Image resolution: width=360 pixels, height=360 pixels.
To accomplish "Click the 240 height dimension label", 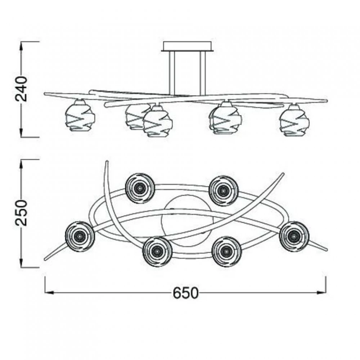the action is point(21,89).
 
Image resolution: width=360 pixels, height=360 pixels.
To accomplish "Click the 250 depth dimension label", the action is point(21,213).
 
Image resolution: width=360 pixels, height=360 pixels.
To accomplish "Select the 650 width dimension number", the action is point(185,293).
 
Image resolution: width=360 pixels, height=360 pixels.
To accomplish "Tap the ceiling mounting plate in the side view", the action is point(187,46).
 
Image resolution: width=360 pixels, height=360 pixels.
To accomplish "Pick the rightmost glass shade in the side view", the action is point(294,120).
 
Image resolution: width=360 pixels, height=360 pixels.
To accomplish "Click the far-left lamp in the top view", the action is point(80,237).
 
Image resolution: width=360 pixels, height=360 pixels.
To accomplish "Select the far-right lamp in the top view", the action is point(294,237).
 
